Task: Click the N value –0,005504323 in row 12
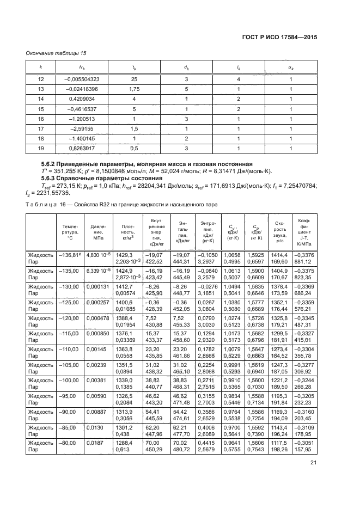coord(81,79)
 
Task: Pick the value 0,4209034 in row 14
coord(84,99)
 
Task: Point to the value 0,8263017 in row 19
coord(84,148)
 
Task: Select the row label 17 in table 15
coord(40,128)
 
